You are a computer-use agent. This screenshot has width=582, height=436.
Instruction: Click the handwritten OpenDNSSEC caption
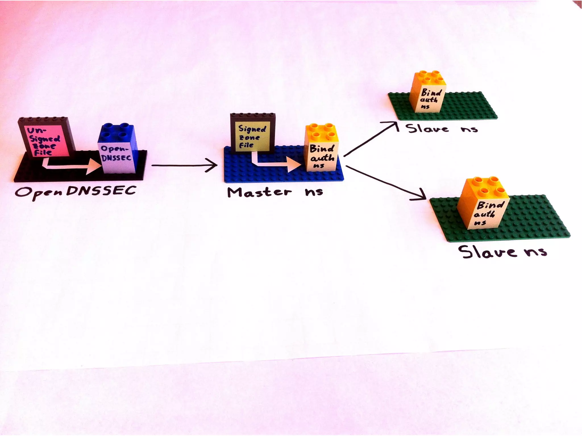pos(75,192)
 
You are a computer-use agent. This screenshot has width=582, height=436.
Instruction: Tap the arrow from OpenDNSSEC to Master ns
pos(185,165)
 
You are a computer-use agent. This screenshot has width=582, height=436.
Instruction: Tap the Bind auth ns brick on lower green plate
pos(483,207)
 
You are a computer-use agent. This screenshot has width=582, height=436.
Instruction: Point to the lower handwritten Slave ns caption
pos(502,252)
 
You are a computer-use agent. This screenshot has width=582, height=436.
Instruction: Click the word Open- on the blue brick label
pos(114,149)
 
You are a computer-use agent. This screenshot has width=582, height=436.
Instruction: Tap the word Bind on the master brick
pos(321,148)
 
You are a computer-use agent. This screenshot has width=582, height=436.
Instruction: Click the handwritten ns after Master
pos(314,192)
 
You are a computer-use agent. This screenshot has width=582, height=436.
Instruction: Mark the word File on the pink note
pos(43,153)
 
